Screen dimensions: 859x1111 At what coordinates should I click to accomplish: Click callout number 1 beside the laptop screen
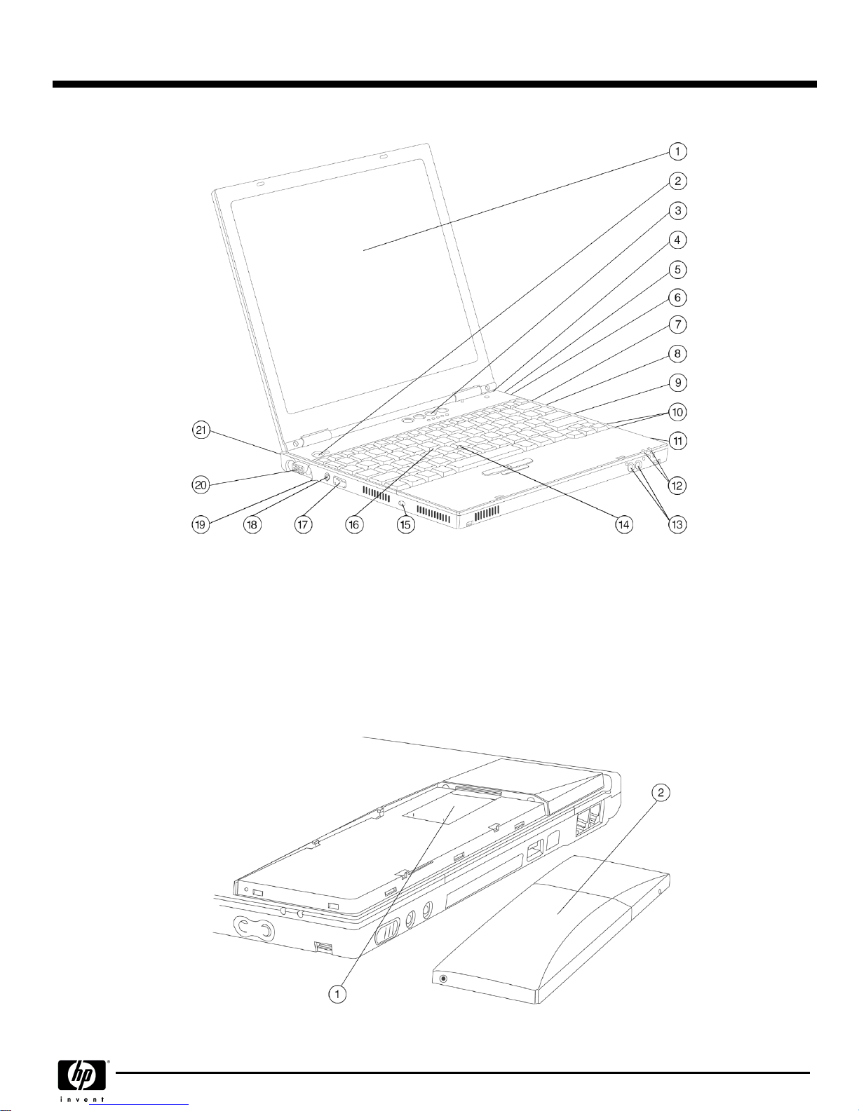pyautogui.click(x=677, y=151)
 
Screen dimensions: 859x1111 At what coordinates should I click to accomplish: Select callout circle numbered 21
pyautogui.click(x=201, y=430)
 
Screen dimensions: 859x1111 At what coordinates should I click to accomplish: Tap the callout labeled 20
pyautogui.click(x=201, y=484)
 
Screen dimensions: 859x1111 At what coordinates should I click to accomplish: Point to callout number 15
pyautogui.click(x=406, y=524)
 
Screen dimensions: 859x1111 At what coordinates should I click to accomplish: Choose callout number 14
pyautogui.click(x=624, y=524)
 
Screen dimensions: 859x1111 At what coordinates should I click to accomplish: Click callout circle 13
pyautogui.click(x=677, y=524)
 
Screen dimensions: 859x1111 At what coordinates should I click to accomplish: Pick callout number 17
pyautogui.click(x=303, y=524)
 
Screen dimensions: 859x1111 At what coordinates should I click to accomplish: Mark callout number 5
pyautogui.click(x=677, y=269)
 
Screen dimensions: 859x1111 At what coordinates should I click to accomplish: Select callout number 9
pyautogui.click(x=677, y=383)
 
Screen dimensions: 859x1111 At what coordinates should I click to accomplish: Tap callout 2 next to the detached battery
pyautogui.click(x=661, y=793)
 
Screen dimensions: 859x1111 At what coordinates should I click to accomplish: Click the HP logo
pyautogui.click(x=82, y=1075)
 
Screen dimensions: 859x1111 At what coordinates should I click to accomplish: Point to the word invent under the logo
pyautogui.click(x=82, y=1099)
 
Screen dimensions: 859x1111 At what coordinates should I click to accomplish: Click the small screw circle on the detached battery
pyautogui.click(x=443, y=979)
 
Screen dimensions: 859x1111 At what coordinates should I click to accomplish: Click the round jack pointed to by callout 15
pyautogui.click(x=403, y=505)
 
